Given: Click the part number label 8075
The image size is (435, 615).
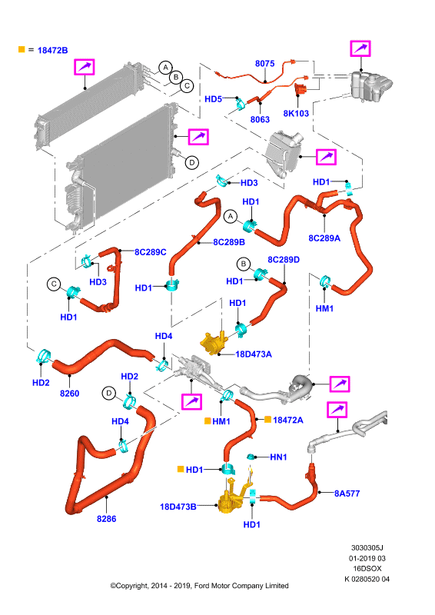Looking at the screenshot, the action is pos(264,64).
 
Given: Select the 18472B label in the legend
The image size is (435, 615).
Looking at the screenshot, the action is pos(52,50).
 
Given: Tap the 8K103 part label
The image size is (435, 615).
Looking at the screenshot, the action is pos(296,113).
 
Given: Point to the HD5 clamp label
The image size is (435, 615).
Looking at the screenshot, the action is pos(214,99).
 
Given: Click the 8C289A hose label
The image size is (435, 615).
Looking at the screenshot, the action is pos(324,238).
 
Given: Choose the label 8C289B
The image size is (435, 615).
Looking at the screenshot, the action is pos(229,242).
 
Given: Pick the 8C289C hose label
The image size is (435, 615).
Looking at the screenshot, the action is pos(150,252).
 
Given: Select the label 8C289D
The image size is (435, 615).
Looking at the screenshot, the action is pos(284,260).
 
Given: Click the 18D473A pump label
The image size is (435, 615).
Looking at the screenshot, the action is pos(254,354).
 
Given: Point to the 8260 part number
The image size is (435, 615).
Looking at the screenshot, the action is pos(69,394).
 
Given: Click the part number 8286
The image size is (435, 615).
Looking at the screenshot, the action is pos(107,519).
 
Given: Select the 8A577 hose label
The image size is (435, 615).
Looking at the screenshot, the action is pos(347,494).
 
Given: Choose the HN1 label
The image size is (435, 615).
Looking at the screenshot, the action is pos(278,457).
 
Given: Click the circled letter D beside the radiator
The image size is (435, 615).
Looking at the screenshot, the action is pos(192,162).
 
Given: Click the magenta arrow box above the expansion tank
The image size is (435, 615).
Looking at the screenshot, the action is pos(360,48).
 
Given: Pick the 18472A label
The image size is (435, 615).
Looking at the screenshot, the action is pos(288,420).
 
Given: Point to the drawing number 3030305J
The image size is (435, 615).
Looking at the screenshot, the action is pos(367,547).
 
